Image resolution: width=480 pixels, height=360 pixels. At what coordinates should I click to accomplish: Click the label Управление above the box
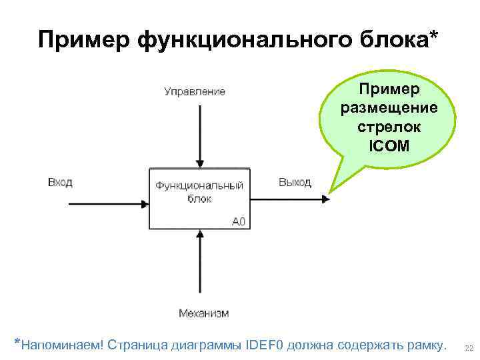pyautogui.click(x=195, y=91)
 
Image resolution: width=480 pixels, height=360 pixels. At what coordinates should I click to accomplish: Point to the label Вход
pyautogui.click(x=60, y=182)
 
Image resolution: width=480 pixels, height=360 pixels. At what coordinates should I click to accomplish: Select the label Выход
pyautogui.click(x=295, y=183)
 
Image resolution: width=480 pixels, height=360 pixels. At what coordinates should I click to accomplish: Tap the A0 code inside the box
pyautogui.click(x=239, y=221)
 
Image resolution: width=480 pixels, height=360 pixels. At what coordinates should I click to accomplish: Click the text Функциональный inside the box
pyautogui.click(x=199, y=186)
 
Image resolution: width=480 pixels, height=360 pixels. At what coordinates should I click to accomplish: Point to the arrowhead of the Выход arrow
pyautogui.click(x=325, y=198)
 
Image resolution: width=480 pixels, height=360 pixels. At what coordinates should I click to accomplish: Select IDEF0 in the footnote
pyautogui.click(x=265, y=345)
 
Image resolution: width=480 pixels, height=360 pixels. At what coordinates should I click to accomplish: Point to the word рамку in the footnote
pyautogui.click(x=422, y=345)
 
